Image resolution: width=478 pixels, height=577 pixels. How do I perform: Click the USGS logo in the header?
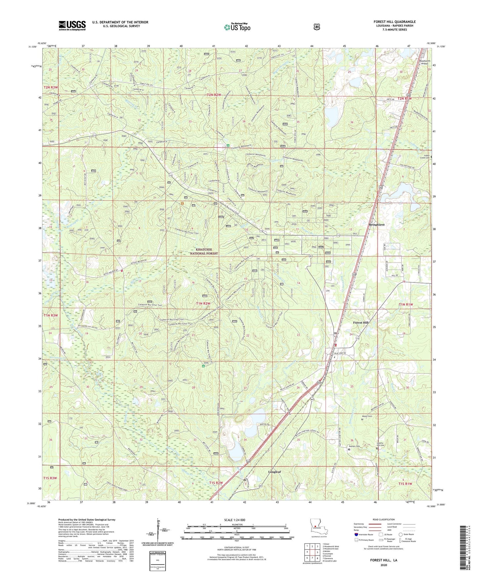[x=72, y=25]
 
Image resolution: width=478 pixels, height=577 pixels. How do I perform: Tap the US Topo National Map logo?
[x=237, y=27]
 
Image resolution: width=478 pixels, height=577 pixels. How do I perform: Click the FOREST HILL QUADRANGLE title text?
[x=394, y=22]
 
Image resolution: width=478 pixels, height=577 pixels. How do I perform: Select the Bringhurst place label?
[x=376, y=225]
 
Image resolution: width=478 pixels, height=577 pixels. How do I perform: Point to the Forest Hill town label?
[x=361, y=323]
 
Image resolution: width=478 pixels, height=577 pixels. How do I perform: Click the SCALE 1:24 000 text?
[x=235, y=520]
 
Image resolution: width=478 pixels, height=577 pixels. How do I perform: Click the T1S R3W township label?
[x=50, y=478]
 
